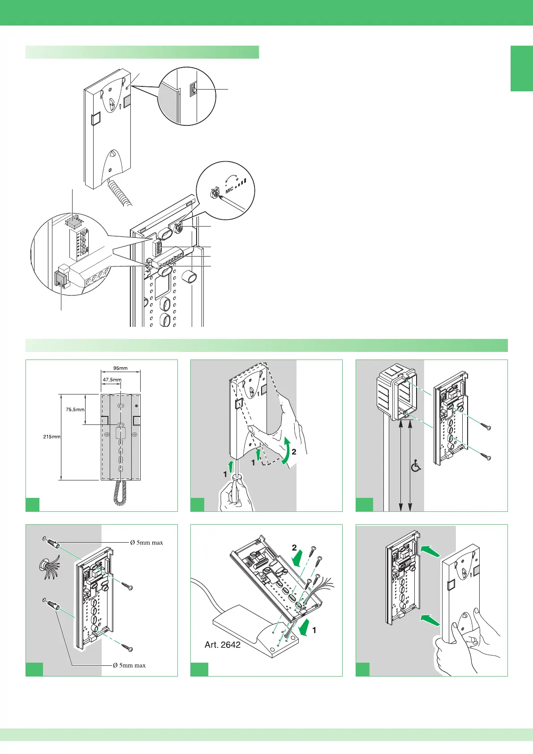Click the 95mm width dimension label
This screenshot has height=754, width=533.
click(x=120, y=368)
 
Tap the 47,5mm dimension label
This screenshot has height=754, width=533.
click(x=112, y=380)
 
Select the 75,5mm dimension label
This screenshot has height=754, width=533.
click(x=75, y=409)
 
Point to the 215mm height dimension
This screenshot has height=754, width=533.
click(x=52, y=437)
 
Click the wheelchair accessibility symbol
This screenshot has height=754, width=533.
click(x=416, y=467)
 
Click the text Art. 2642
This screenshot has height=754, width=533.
click(x=222, y=645)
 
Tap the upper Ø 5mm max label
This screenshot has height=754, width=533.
click(x=146, y=543)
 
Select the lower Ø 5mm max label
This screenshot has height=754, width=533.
click(x=129, y=665)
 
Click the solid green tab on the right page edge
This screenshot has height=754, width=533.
click(x=521, y=68)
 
